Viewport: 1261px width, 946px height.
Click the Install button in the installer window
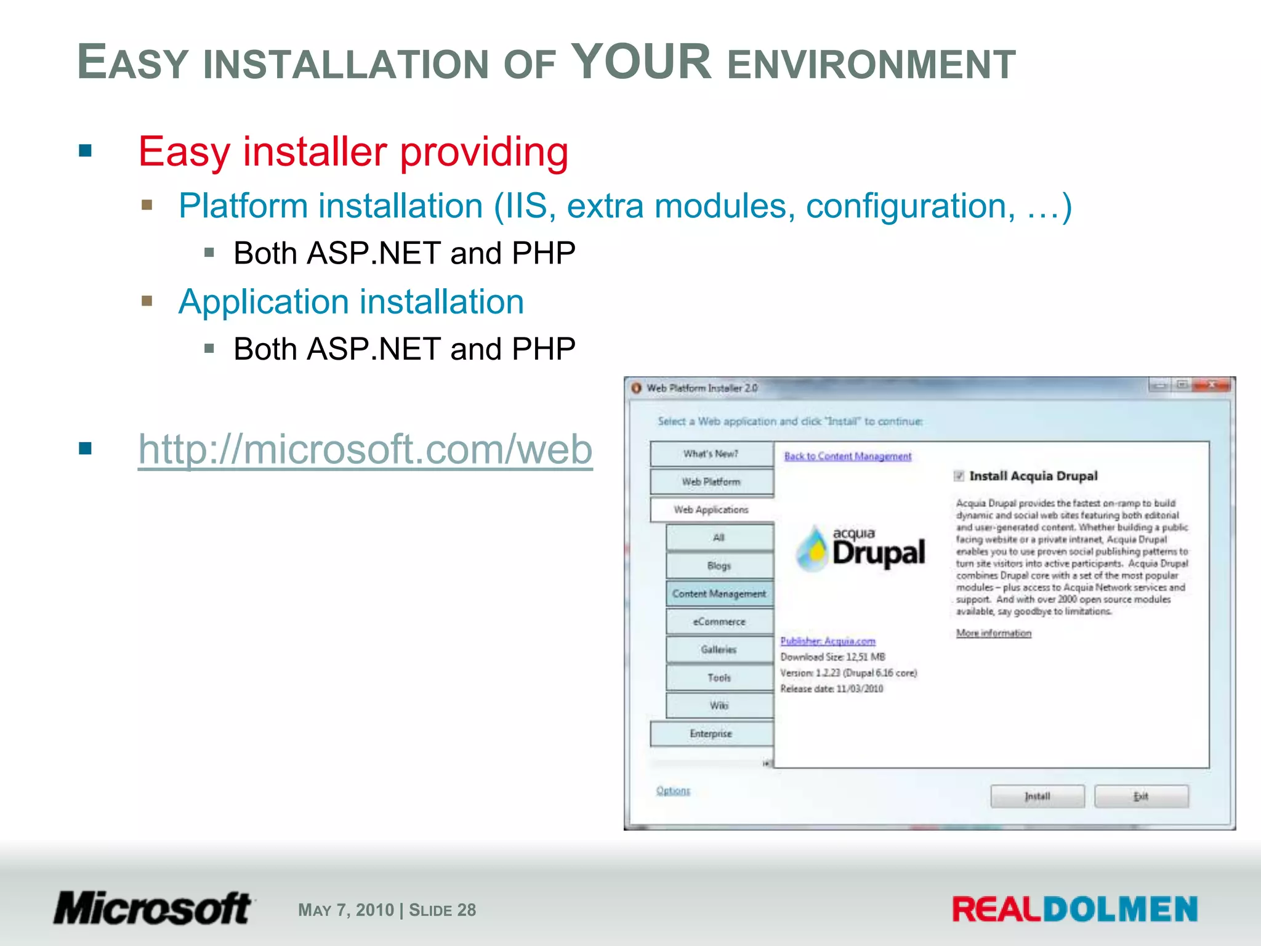(1037, 796)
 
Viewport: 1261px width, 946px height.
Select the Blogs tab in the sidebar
(719, 565)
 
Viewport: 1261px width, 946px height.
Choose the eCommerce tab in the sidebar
(719, 621)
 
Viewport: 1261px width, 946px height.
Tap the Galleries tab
(719, 649)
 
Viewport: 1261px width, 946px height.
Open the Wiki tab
(719, 705)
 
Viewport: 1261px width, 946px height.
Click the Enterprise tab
(711, 734)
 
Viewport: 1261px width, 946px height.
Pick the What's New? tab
(711, 454)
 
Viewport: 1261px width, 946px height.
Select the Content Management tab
(719, 594)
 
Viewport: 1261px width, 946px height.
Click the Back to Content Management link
(847, 456)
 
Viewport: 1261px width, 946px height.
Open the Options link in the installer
(673, 790)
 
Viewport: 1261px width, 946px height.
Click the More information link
(993, 633)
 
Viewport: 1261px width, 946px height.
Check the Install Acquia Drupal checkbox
(959, 475)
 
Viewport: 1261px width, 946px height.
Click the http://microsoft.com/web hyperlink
(365, 450)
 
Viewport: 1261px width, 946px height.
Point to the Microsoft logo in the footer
(153, 908)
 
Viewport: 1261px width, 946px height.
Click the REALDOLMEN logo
(1074, 909)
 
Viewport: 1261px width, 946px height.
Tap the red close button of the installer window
(1211, 386)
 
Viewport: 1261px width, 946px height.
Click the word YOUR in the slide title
(641, 62)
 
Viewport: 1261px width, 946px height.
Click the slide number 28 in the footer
(467, 910)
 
